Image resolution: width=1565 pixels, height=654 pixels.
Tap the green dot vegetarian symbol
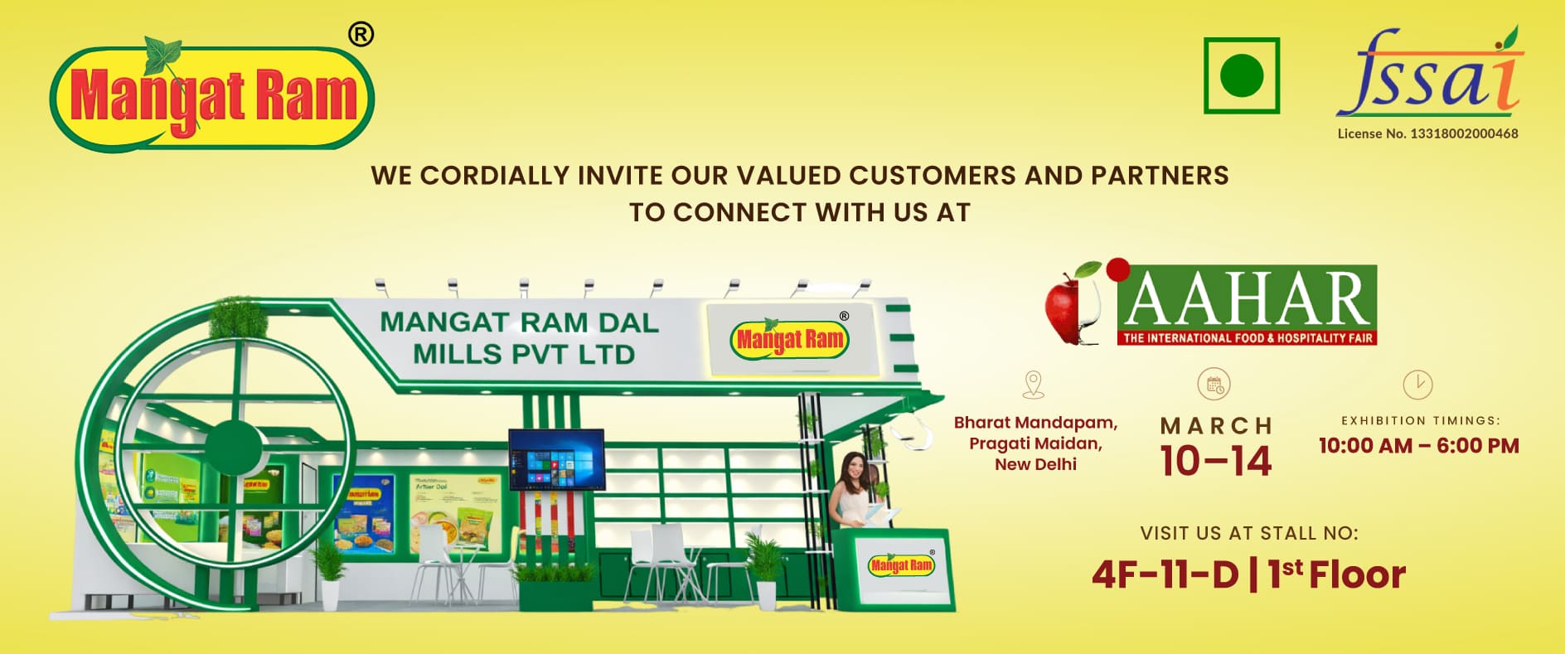pyautogui.click(x=1241, y=75)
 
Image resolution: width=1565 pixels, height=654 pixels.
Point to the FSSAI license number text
pyautogui.click(x=1427, y=133)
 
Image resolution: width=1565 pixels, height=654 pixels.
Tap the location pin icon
pyautogui.click(x=1034, y=384)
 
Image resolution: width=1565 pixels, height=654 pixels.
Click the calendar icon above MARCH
pyautogui.click(x=1214, y=385)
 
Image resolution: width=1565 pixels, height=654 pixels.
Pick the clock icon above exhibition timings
pyautogui.click(x=1417, y=385)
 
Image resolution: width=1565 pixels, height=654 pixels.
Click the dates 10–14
pyautogui.click(x=1215, y=462)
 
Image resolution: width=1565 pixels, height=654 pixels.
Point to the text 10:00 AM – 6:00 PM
pyautogui.click(x=1418, y=446)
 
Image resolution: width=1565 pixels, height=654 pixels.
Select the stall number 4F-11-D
pyautogui.click(x=1165, y=574)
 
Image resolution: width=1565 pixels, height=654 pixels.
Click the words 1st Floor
pyautogui.click(x=1337, y=574)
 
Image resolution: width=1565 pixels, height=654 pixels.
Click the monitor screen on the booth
pyautogui.click(x=555, y=460)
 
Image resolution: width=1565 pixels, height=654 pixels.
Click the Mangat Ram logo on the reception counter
pyautogui.click(x=901, y=565)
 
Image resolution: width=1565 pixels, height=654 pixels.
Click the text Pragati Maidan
pyautogui.click(x=1035, y=443)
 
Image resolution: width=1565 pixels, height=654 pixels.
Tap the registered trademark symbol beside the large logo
pyautogui.click(x=361, y=35)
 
